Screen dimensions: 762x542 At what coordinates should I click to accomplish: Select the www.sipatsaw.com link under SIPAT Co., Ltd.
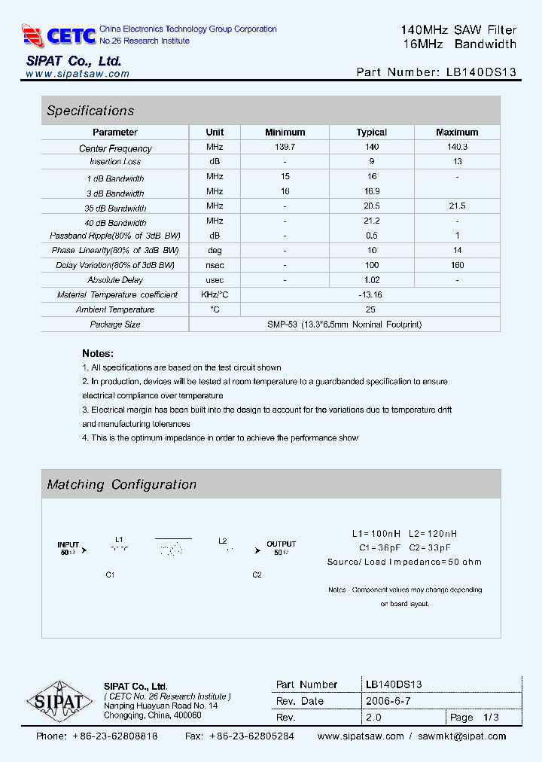coord(78,74)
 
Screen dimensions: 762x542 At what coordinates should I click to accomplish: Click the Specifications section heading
coord(90,111)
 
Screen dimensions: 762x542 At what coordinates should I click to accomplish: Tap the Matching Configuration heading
coord(121,484)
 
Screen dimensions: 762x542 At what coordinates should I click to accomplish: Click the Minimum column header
coord(285,132)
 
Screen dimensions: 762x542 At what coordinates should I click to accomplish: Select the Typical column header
coord(371,132)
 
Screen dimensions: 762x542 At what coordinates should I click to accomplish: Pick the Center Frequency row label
coord(115,148)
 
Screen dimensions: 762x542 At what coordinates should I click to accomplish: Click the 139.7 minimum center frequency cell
coord(285,147)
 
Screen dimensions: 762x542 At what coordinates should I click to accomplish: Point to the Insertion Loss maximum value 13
coord(457,161)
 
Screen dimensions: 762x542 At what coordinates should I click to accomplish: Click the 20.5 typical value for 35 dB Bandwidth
coord(371,206)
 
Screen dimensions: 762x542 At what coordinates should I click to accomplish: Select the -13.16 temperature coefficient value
coord(370,294)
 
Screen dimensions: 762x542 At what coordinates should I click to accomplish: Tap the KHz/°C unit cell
coord(215,294)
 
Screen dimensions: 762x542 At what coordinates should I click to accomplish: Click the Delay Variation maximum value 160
coord(457,265)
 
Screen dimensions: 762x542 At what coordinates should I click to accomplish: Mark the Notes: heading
coord(98,353)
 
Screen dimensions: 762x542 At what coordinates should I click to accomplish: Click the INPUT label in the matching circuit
coord(69,544)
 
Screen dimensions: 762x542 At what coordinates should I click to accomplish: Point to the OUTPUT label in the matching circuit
coord(282,544)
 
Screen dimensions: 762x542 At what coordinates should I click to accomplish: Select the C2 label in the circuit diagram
coord(257,575)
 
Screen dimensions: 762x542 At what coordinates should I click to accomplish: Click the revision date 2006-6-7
coord(388,701)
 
